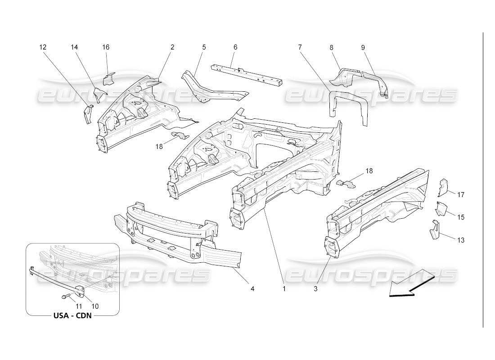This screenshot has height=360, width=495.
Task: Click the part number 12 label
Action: point(43,47)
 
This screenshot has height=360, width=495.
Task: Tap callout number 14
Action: point(75,47)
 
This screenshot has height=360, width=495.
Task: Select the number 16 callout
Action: point(106,47)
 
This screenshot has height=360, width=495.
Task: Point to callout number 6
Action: point(235,47)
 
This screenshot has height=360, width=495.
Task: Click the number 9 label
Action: point(363,47)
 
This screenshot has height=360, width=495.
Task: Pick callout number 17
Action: point(461,195)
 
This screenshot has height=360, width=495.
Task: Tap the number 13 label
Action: point(461,240)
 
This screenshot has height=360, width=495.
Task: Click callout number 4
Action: point(252,288)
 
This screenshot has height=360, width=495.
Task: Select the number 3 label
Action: point(316,289)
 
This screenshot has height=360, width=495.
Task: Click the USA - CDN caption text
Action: point(72,315)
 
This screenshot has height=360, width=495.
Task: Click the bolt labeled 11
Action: point(64,297)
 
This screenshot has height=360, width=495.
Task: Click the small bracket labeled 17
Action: point(444,188)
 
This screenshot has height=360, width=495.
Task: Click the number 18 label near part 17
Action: point(369,171)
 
